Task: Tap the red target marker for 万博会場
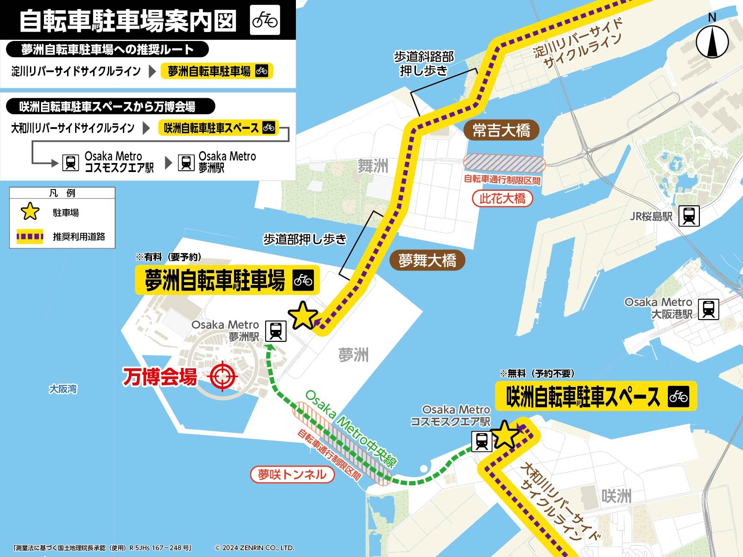[x=222, y=376]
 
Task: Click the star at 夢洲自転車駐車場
[x=303, y=316]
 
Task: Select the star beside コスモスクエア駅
[x=506, y=435]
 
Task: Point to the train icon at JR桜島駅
[x=689, y=216]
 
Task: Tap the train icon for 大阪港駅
[x=708, y=309]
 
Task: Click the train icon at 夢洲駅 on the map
[x=276, y=331]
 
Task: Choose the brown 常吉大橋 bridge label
[x=501, y=130]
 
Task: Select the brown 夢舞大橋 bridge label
[x=427, y=260]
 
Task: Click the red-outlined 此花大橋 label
[x=502, y=198]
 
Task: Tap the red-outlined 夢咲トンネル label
[x=292, y=474]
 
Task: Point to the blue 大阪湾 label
[x=63, y=389]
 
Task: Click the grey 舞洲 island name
[x=373, y=166]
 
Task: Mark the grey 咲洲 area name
[x=616, y=496]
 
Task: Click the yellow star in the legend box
[x=30, y=212]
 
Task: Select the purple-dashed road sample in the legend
[x=30, y=236]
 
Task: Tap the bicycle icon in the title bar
[x=265, y=20]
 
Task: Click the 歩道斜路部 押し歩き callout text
[x=424, y=64]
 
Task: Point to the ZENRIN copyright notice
[x=254, y=548]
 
